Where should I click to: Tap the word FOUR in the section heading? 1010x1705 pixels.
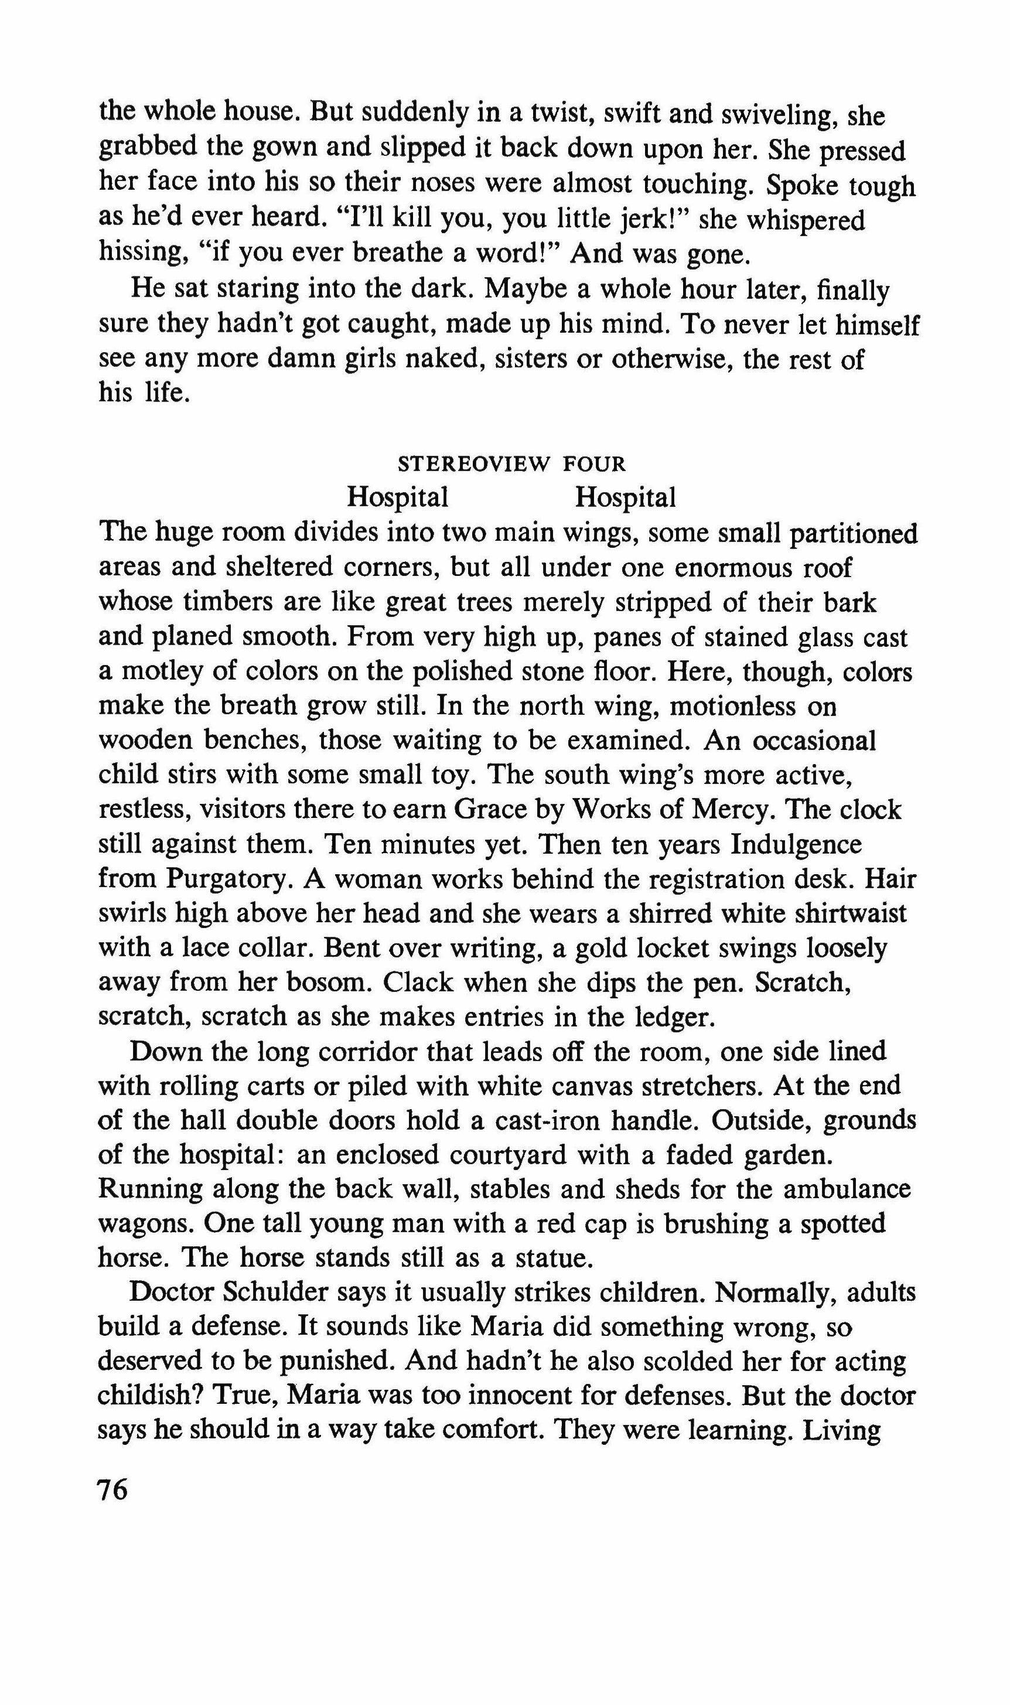click(594, 464)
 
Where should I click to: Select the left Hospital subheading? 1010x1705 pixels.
click(397, 497)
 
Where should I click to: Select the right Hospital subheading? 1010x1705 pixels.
click(626, 497)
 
